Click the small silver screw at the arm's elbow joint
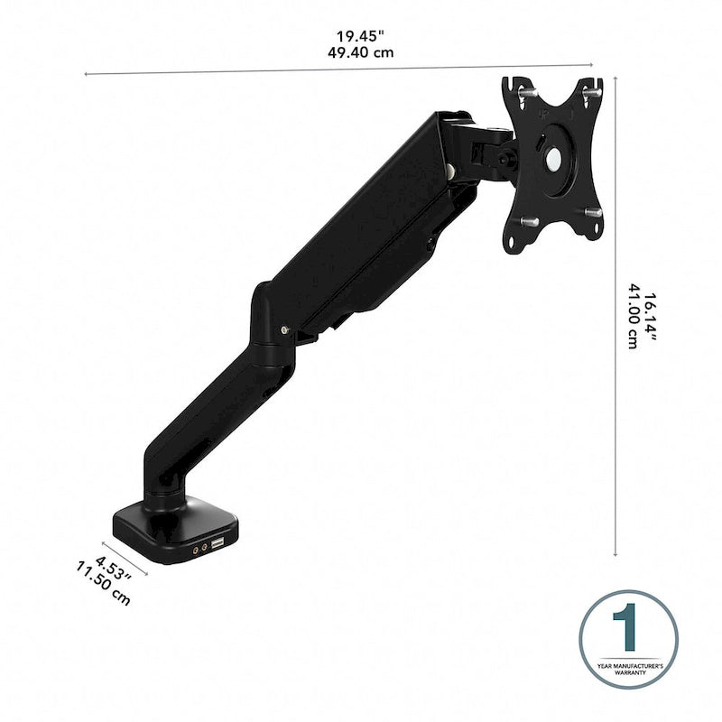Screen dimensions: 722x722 [286, 329]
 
